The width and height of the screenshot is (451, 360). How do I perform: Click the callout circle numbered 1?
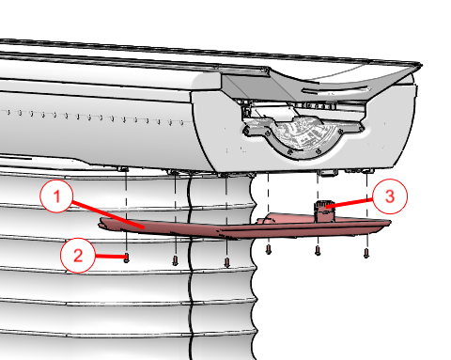56,196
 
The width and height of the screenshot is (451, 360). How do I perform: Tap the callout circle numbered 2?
78,255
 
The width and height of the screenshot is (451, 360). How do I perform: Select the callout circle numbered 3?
390,196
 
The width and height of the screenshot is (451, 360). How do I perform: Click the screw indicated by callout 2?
127,258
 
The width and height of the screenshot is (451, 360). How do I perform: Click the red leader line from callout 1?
107,214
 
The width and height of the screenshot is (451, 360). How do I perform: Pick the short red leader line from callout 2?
110,257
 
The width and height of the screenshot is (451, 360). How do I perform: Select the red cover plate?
244,226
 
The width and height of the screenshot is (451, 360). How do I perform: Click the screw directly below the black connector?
318,250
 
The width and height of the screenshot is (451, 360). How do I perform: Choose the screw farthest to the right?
366,253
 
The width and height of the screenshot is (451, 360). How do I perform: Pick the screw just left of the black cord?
176,260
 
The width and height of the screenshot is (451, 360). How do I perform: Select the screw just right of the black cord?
227,262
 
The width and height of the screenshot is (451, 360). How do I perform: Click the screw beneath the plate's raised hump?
269,249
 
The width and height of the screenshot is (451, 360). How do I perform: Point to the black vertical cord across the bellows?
190,266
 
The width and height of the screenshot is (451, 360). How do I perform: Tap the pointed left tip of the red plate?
100,224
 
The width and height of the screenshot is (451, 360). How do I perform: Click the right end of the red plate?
390,223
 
